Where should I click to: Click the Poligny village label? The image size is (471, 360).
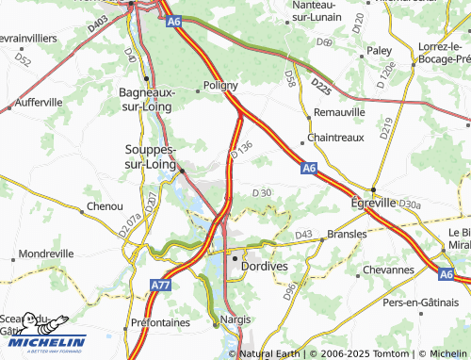(221, 85)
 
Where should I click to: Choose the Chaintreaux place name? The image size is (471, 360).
(336, 138)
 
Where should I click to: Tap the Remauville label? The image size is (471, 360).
(338, 111)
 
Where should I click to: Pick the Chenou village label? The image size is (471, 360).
(105, 205)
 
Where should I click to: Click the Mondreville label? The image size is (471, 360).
(45, 254)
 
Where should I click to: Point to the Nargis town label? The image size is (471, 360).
(235, 319)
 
